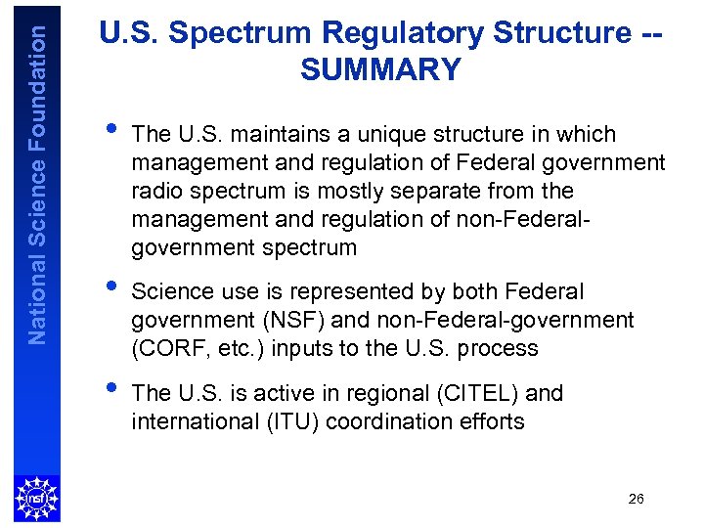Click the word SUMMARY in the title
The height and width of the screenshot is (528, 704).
click(380, 69)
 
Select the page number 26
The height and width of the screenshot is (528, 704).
click(636, 500)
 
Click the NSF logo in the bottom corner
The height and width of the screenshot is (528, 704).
click(36, 498)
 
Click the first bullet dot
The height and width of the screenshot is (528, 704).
click(112, 128)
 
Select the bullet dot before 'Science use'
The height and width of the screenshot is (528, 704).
click(112, 286)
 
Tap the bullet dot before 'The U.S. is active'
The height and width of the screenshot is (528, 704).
click(112, 387)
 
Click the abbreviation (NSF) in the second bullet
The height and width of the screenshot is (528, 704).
click(283, 320)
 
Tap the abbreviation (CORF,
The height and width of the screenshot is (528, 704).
click(163, 348)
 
